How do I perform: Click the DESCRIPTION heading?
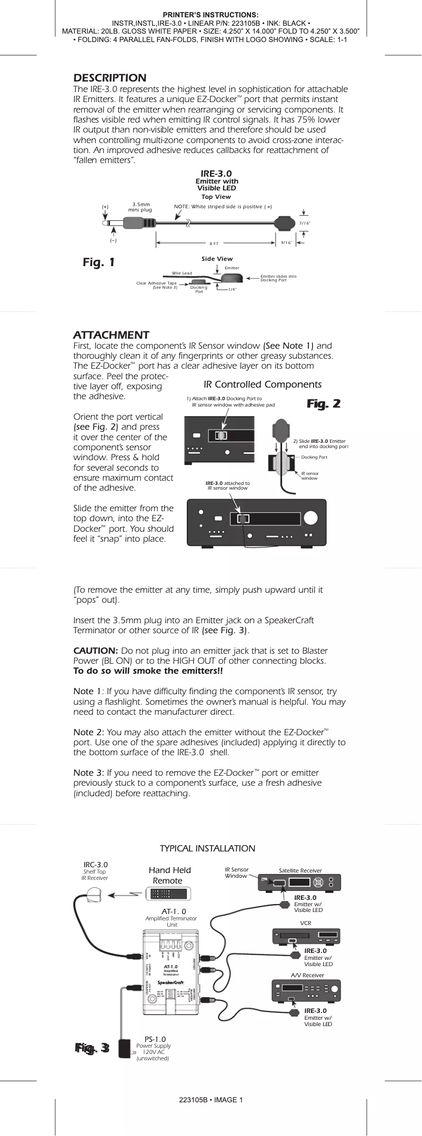click(x=109, y=78)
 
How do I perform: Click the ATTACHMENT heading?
click(x=111, y=335)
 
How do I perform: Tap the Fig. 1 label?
click(x=99, y=262)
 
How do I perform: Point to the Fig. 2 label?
click(x=324, y=403)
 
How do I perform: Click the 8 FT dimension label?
click(x=214, y=244)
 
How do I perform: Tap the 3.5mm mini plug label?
click(x=140, y=207)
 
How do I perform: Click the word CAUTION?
click(x=95, y=651)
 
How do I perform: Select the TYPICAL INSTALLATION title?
click(x=207, y=848)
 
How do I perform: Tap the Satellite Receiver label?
click(x=300, y=870)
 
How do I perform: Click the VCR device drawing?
click(x=306, y=937)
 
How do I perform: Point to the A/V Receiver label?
click(x=307, y=975)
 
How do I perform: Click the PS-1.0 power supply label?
click(x=155, y=1039)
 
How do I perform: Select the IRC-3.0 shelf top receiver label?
click(x=95, y=865)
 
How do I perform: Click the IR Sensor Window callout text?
click(x=236, y=873)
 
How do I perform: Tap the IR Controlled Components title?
click(x=262, y=384)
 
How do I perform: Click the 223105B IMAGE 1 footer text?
click(x=210, y=1100)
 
